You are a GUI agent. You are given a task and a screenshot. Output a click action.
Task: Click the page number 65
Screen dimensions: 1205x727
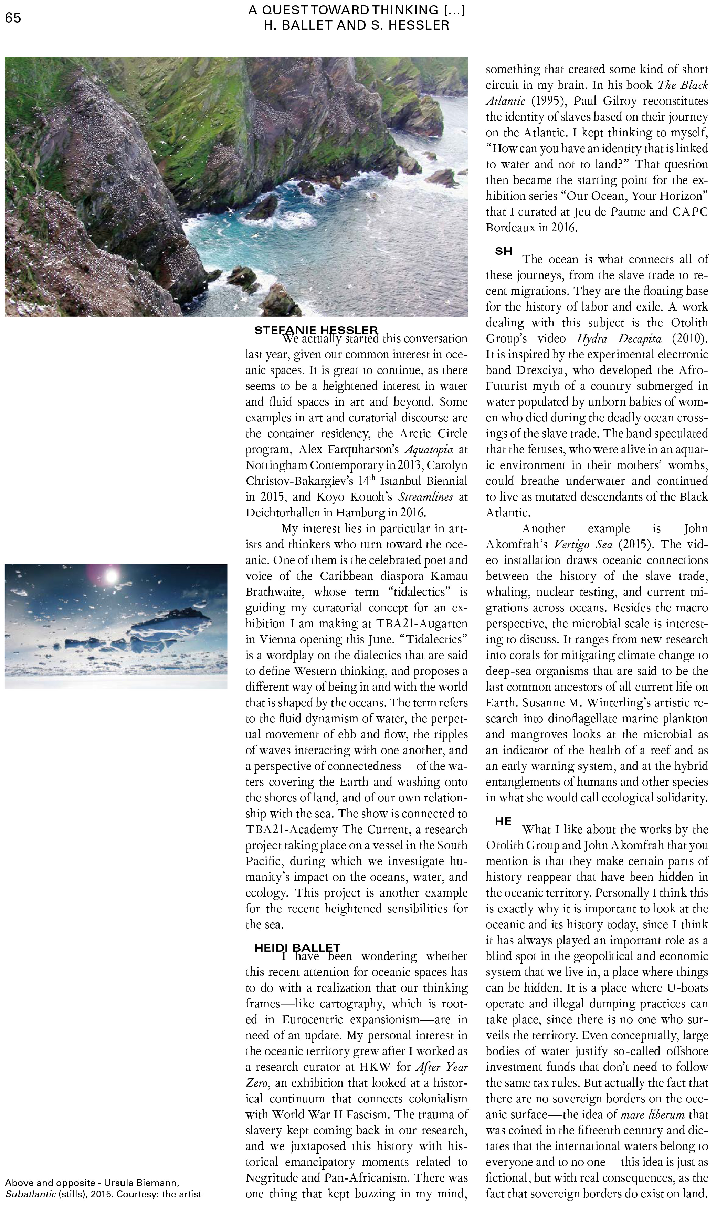coord(13,18)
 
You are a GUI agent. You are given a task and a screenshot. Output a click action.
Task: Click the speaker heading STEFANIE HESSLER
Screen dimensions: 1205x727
coord(316,330)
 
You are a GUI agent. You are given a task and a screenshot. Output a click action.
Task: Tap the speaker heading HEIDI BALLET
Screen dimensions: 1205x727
coord(297,948)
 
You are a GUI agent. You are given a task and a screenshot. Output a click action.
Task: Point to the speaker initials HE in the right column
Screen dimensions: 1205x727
coord(503,821)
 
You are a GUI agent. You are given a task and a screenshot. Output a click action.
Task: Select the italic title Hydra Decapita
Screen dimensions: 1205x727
coord(619,338)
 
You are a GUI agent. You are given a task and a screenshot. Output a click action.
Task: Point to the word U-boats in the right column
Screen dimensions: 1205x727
coord(687,988)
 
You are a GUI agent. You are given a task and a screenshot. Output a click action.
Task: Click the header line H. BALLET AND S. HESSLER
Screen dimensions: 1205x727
coord(356,25)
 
